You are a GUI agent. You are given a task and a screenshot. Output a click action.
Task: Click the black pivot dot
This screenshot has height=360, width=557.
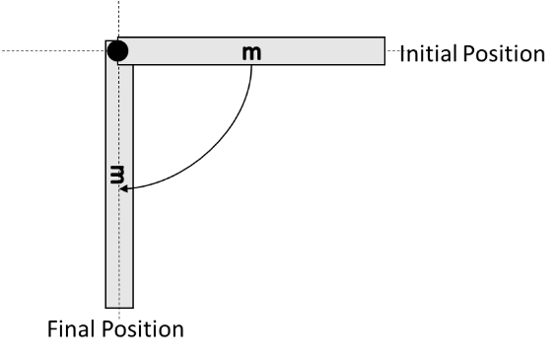click(x=117, y=50)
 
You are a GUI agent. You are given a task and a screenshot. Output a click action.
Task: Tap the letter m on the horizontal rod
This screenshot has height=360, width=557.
click(x=252, y=51)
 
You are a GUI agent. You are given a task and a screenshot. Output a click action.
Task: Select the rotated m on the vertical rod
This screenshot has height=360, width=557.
click(x=118, y=177)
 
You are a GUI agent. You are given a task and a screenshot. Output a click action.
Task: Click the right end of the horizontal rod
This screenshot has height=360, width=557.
click(x=382, y=50)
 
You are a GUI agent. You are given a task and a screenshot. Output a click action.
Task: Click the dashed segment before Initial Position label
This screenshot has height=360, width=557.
click(x=392, y=50)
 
